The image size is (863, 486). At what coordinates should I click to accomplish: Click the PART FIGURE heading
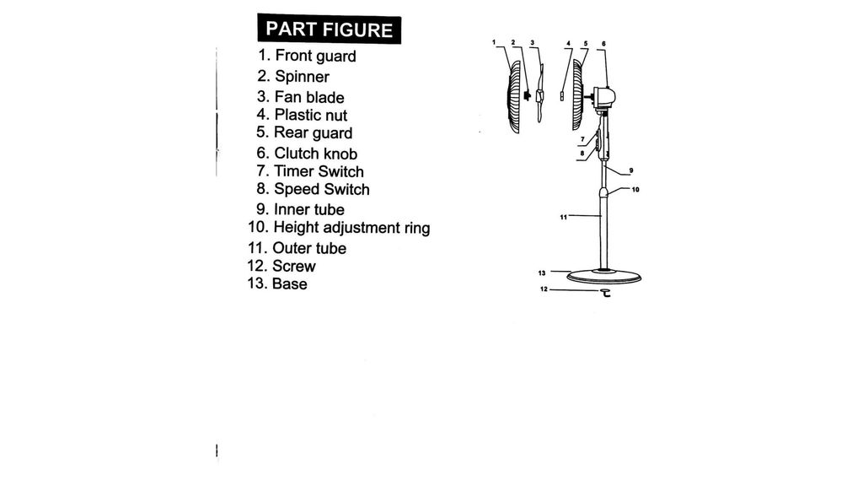330,30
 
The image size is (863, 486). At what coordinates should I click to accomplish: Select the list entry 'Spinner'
303,77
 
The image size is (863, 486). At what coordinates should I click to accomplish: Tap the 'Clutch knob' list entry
316,154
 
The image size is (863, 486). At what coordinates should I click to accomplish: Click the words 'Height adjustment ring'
351,228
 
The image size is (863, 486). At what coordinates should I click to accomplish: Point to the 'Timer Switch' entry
319,171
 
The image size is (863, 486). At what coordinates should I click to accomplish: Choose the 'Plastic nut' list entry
311,115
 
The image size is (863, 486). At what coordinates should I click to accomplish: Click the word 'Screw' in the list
294,266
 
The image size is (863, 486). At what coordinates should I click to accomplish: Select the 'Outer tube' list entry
309,248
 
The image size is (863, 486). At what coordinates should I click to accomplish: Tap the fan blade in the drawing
540,94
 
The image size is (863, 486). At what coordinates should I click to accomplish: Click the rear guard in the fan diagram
577,94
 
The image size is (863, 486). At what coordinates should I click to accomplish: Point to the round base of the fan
603,276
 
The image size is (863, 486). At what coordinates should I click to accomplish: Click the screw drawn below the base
605,293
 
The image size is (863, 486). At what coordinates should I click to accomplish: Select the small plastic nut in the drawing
561,96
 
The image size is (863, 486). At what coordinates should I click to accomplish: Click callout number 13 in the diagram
542,273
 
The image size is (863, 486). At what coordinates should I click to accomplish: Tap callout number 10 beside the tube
635,190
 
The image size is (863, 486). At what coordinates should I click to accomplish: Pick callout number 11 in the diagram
563,217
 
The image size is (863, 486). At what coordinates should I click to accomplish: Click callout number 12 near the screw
544,289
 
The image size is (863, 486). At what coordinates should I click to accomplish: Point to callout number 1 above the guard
494,42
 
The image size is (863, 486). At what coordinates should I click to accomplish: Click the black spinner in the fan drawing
528,95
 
